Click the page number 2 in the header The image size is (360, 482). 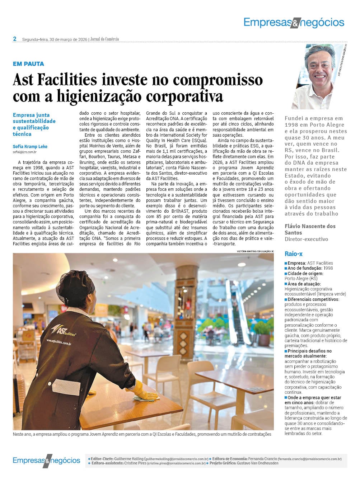[x=15, y=39]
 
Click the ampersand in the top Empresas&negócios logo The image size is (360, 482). [x=294, y=23]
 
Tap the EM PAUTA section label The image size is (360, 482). [x=28, y=64]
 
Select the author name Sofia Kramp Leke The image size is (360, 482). [x=30, y=146]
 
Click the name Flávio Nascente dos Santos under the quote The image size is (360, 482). [x=310, y=229]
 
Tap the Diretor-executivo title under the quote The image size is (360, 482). [x=306, y=239]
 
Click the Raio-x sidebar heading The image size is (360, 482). [x=293, y=254]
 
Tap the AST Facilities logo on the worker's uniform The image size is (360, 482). [x=64, y=330]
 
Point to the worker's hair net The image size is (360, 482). [x=78, y=287]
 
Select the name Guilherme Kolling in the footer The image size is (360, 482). [x=128, y=459]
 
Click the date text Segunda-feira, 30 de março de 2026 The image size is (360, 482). [x=55, y=39]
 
